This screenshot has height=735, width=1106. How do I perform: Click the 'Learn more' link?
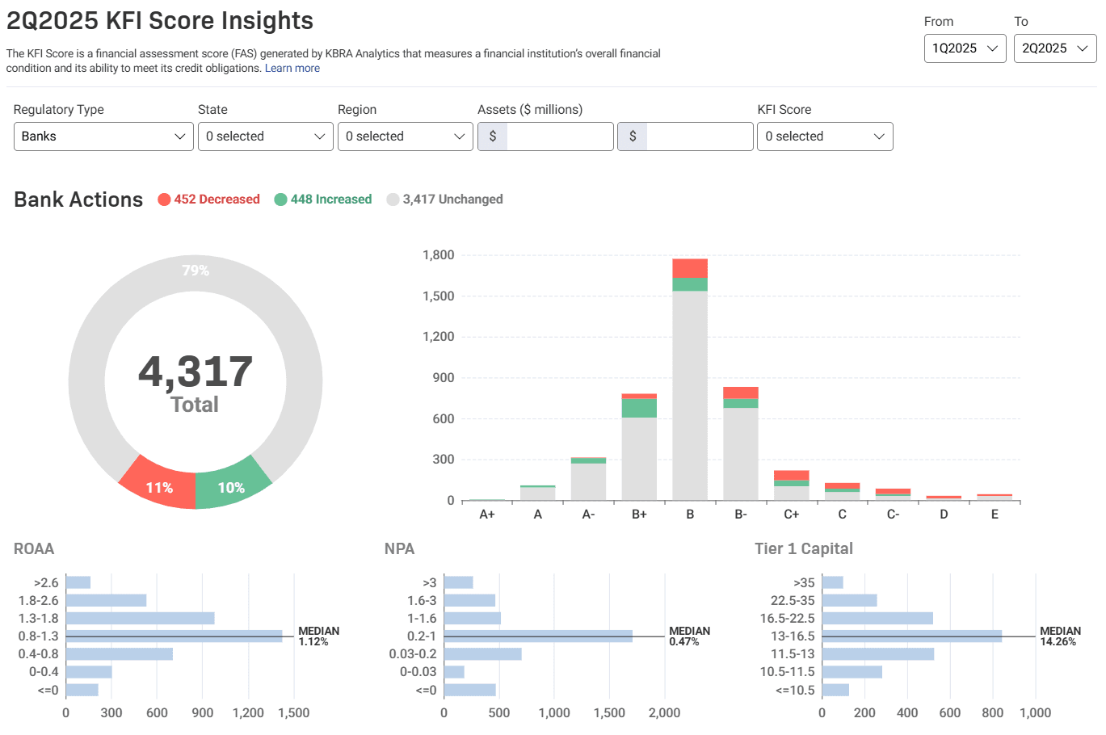292,69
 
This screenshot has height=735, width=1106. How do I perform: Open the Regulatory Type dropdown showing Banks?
103,136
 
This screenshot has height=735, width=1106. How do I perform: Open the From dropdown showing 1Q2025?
965,48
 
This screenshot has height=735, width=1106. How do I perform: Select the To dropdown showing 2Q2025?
1054,48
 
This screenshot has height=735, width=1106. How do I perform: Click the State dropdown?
265,136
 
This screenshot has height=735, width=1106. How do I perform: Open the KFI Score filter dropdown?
824,136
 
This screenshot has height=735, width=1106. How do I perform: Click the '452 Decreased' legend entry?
209,199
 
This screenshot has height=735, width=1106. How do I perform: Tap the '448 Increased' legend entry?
323,199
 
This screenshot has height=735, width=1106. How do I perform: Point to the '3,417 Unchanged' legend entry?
445,199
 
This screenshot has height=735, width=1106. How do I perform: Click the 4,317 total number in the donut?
196,372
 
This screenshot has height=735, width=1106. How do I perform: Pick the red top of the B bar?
690,268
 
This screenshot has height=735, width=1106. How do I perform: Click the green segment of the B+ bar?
639,408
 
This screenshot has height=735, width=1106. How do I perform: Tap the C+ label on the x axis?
792,514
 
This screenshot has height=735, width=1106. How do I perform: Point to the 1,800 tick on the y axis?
439,255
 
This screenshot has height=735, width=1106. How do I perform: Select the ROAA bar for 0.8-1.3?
174,636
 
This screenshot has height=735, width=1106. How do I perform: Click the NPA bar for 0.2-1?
538,636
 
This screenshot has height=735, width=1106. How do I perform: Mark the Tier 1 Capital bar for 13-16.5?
911,636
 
